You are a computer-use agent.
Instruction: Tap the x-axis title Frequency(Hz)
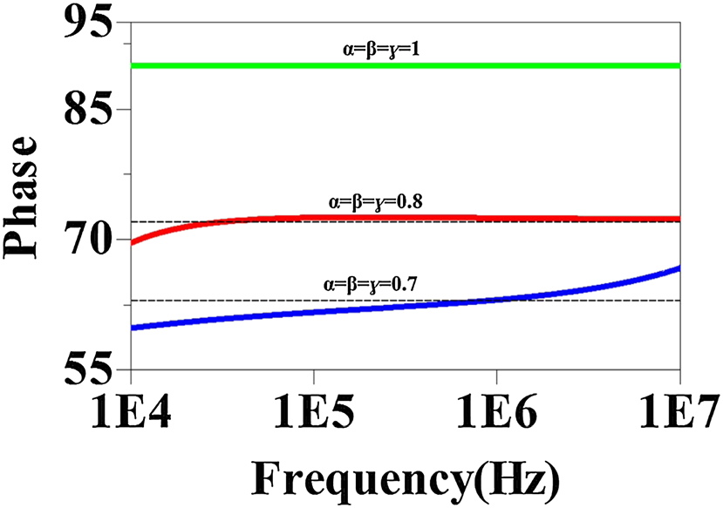tap(405, 477)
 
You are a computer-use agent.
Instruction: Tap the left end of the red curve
tap(132, 242)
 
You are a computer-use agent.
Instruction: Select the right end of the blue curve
tap(678, 268)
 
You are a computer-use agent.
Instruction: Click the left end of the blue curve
tap(132, 328)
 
